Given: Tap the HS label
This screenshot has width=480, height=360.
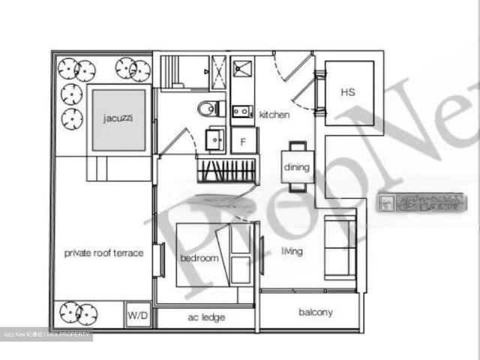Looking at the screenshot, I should click(x=347, y=92).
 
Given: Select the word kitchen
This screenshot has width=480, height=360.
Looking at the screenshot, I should click(x=274, y=115).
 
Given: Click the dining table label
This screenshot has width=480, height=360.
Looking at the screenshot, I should click(x=296, y=166).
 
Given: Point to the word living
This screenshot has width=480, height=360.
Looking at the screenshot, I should click(x=292, y=251).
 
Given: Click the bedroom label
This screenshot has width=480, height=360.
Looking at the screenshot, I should click(x=199, y=258).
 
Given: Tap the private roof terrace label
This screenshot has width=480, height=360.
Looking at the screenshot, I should click(x=103, y=253).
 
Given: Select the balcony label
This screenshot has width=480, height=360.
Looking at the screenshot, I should click(x=315, y=312).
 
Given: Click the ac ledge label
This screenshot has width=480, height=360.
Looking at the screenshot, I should click(x=205, y=317).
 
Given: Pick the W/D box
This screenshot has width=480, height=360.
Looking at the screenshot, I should click(x=138, y=316).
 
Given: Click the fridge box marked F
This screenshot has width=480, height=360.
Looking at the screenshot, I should click(x=243, y=140).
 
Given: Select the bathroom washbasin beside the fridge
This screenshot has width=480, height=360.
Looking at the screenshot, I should click(x=215, y=139).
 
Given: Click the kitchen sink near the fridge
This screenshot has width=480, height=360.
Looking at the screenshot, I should click(x=241, y=112).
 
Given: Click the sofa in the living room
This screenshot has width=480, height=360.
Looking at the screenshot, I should click(x=340, y=247).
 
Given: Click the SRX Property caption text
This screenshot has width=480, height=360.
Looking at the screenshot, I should click(x=46, y=334).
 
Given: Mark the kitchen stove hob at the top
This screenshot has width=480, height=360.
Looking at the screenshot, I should click(x=241, y=69).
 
